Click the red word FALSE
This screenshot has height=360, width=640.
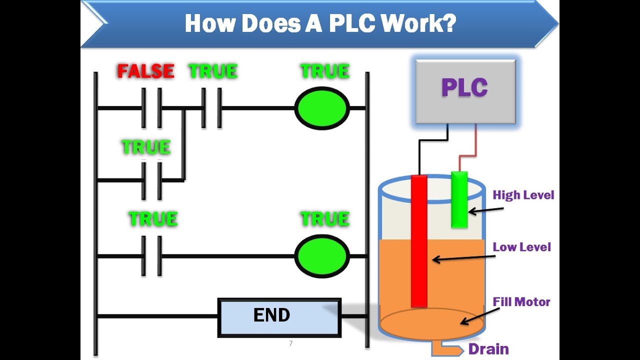pos(145,71)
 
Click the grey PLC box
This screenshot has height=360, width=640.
pos(465,91)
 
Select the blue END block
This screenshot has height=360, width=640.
pos(279,317)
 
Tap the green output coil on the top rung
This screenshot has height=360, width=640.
pos(322,108)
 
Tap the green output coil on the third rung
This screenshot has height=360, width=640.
pos(322,256)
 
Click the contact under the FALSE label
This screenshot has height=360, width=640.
pos(151,108)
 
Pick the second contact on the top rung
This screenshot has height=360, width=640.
pos(211,108)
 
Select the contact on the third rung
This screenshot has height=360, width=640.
pos(151,256)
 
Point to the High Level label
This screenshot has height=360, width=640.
pos(523,195)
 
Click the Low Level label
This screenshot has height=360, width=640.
pos(521,247)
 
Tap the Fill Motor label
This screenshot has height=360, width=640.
pos(521,302)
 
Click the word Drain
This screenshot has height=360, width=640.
pos(488,349)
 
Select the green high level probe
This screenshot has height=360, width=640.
pos(459,199)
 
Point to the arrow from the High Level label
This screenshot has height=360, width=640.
pos(485,210)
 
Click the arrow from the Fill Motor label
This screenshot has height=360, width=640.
pos(479,316)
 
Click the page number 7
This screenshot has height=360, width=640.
pos(290,343)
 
